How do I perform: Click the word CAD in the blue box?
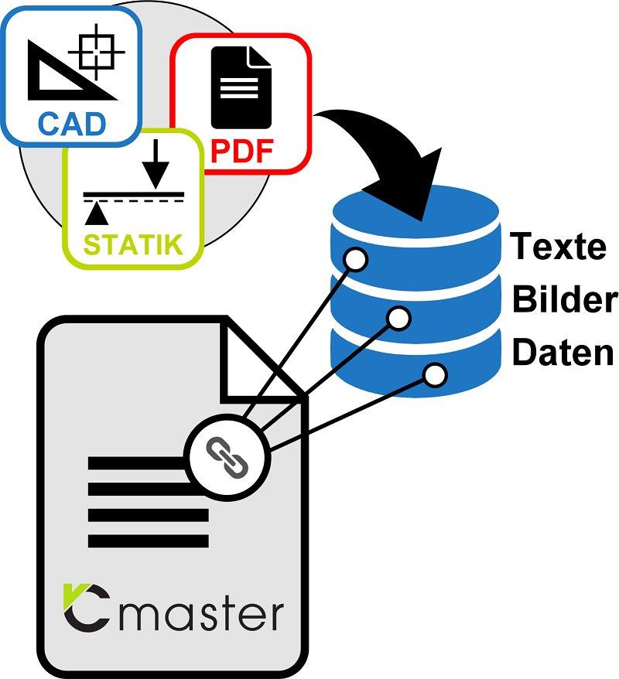point(71,124)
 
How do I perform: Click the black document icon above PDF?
point(241,87)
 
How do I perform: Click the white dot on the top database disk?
point(356,260)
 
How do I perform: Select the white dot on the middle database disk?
point(398,317)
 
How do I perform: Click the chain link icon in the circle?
point(226,456)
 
